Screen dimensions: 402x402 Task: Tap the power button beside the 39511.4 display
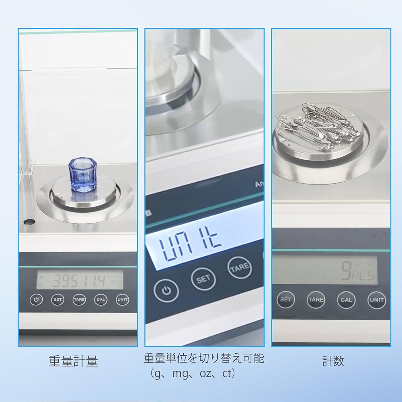pyautogui.click(x=36, y=299)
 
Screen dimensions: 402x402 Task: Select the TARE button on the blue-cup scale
pyautogui.click(x=79, y=299)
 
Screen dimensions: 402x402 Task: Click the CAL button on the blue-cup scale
pyautogui.click(x=100, y=299)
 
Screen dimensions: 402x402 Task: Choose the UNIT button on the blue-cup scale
pyautogui.click(x=122, y=299)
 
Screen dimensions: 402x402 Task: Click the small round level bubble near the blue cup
pyautogui.click(x=28, y=222)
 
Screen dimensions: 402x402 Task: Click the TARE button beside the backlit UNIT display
pyautogui.click(x=240, y=267)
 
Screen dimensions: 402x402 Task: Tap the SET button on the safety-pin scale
pyautogui.click(x=286, y=300)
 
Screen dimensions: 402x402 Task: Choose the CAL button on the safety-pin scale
pyautogui.click(x=346, y=300)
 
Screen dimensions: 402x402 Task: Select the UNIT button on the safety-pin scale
pyautogui.click(x=376, y=300)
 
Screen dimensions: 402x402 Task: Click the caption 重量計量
pyautogui.click(x=74, y=361)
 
